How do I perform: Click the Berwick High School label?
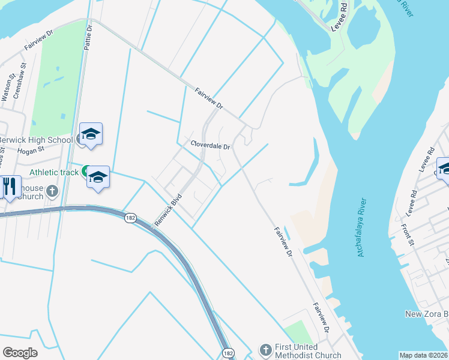tap(36, 140)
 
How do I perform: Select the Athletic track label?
tap(54, 172)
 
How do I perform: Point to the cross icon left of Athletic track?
tap(52, 191)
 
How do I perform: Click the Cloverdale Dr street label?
tap(211, 145)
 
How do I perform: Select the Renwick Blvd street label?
tap(168, 209)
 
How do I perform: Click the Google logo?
tap(20, 353)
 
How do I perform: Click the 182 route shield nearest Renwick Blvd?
tap(130, 218)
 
